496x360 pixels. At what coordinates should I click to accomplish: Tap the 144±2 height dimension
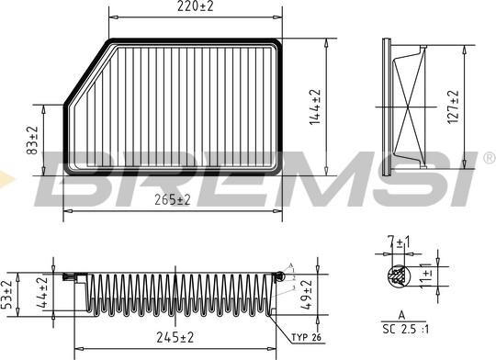315,106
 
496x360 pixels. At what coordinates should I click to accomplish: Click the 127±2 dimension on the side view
452,108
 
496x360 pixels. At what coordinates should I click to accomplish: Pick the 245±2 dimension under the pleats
175,337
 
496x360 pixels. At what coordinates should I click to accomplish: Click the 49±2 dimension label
308,296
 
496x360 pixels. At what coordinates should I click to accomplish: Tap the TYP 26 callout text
306,339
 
